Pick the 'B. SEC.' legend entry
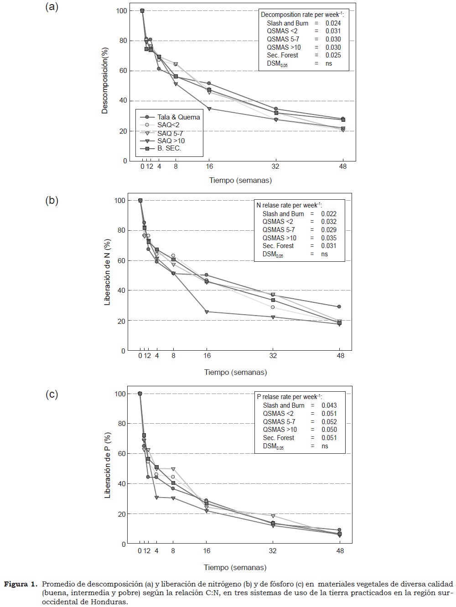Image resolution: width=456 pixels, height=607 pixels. (169, 149)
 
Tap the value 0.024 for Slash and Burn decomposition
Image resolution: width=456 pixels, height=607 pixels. (333, 23)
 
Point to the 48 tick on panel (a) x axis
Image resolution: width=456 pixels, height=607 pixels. (343, 167)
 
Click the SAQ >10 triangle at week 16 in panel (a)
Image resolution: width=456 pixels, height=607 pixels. (209, 109)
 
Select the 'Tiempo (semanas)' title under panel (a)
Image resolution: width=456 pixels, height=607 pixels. (240, 180)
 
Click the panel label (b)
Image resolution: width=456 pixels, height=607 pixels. (52, 200)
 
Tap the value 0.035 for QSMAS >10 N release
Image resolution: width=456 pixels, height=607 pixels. (329, 238)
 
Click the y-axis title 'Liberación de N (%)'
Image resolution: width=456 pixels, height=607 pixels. (108, 272)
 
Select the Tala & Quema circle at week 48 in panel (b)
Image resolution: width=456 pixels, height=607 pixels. (339, 306)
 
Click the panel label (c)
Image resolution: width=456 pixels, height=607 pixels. (52, 394)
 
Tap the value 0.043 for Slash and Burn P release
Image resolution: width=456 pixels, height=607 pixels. (329, 405)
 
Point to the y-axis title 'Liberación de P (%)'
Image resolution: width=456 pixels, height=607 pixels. (108, 465)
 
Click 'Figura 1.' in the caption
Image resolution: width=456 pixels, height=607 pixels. (21, 584)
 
